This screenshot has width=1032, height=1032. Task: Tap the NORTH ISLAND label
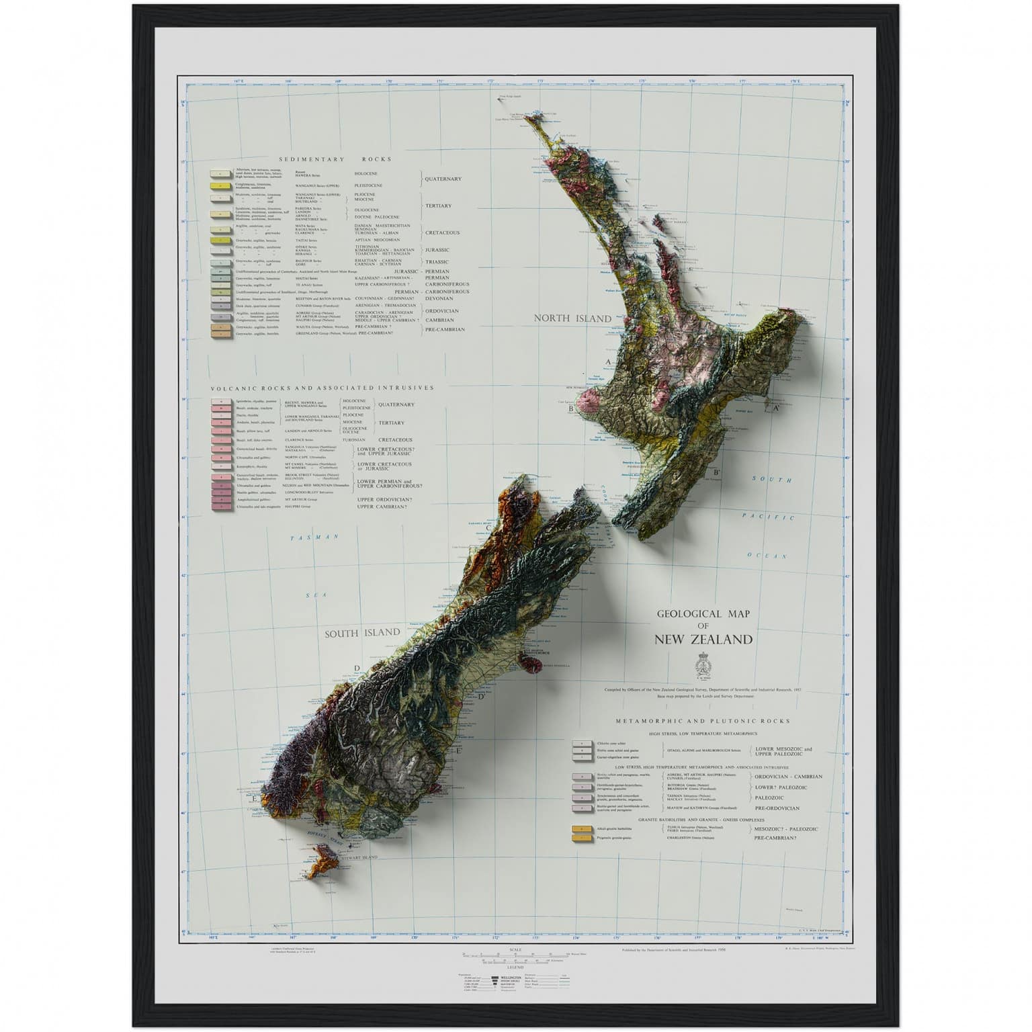click(x=572, y=318)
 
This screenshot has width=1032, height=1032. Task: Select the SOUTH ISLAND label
click(x=363, y=632)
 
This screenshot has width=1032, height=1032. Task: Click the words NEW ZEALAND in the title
click(x=703, y=639)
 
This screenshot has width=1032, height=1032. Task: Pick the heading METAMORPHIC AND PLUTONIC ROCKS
click(x=703, y=721)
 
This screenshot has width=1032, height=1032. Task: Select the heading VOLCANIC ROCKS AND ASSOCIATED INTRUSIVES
click(x=322, y=388)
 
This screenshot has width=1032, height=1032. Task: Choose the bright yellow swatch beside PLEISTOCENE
click(x=220, y=185)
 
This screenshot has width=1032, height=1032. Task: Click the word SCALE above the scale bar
click(x=515, y=949)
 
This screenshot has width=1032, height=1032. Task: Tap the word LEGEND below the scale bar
click(x=515, y=967)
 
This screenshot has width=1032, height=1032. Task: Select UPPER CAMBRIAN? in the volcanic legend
click(x=382, y=506)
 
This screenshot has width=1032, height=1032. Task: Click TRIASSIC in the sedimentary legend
click(x=437, y=261)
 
